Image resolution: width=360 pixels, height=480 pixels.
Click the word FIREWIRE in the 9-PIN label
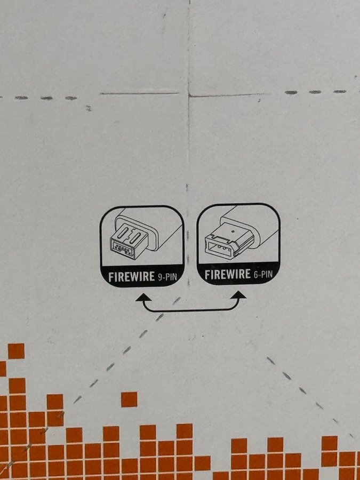[132, 277]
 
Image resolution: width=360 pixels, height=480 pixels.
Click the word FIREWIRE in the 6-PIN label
[227, 274]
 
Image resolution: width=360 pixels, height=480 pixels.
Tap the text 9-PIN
[167, 277]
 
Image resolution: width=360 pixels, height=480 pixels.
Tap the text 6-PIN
[263, 274]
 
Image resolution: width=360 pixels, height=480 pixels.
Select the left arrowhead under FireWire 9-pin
[143, 298]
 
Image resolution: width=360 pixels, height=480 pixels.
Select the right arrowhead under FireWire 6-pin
[238, 295]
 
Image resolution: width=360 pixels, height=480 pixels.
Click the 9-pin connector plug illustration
[129, 241]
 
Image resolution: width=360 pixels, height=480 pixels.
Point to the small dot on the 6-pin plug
[234, 231]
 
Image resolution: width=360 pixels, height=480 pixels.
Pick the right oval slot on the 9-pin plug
[135, 238]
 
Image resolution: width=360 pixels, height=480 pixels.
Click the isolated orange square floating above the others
[129, 399]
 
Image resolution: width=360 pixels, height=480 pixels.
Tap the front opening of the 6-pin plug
[219, 247]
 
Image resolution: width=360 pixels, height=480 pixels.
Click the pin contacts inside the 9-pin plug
[123, 248]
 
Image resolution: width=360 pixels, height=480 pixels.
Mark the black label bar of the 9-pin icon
[142, 276]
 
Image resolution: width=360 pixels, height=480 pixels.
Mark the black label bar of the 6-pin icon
[239, 274]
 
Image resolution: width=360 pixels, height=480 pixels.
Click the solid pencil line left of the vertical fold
[140, 93]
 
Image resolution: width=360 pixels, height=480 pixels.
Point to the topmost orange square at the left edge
[16, 351]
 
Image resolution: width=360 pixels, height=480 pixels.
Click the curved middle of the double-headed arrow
[191, 310]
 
